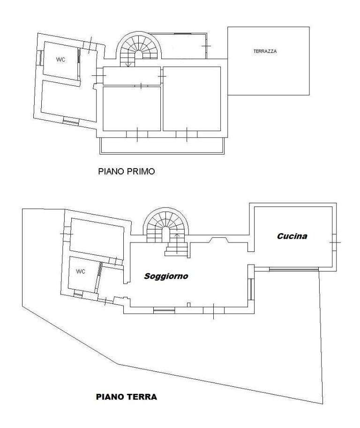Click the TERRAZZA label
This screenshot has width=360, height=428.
(265, 51)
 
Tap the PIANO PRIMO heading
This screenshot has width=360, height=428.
(127, 171)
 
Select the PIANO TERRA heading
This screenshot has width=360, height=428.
(127, 397)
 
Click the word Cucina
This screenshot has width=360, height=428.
(292, 236)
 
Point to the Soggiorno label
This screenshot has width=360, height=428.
(166, 276)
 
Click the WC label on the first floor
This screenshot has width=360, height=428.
(60, 59)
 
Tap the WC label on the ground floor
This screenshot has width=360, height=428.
(81, 271)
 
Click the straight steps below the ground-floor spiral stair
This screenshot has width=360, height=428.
(176, 250)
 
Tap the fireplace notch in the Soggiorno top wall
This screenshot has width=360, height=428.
(218, 240)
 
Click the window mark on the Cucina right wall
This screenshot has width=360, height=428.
(335, 242)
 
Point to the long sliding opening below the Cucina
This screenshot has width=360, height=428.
(294, 269)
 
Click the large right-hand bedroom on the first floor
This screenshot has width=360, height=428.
(192, 99)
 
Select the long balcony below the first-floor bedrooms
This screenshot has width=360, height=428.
(162, 146)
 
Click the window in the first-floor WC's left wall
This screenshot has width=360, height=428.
(39, 58)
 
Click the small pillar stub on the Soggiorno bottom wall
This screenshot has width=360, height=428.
(188, 305)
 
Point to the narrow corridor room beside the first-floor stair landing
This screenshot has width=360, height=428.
(132, 76)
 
